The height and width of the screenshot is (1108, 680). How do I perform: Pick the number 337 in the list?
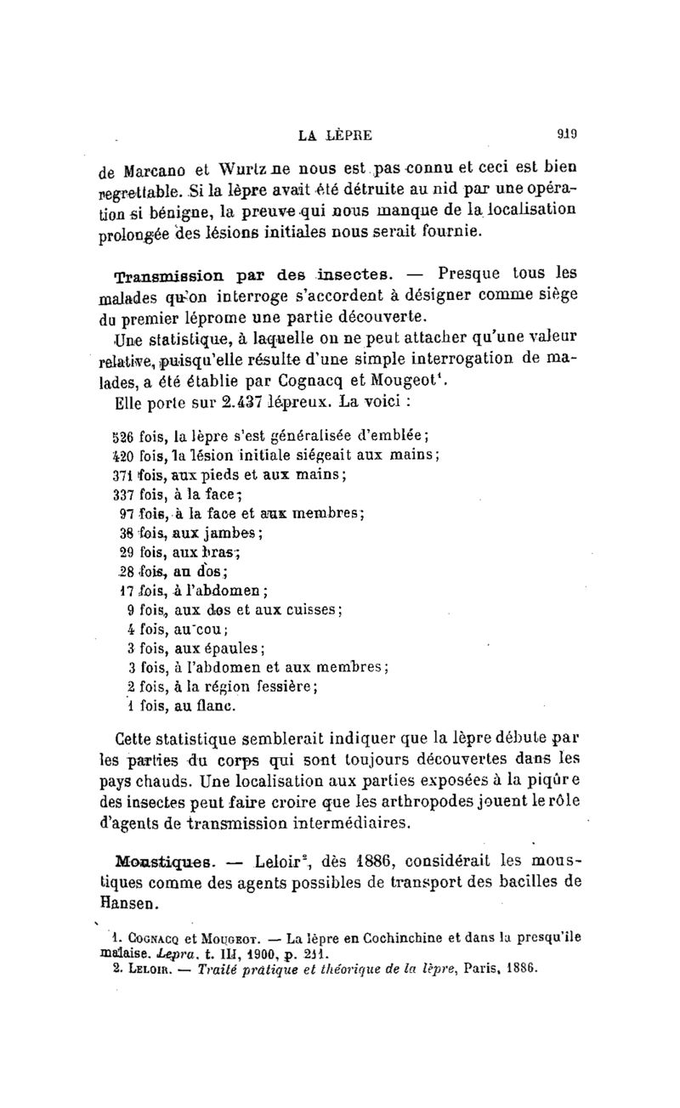click(124, 494)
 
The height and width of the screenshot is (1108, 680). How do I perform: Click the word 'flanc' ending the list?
click(215, 705)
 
